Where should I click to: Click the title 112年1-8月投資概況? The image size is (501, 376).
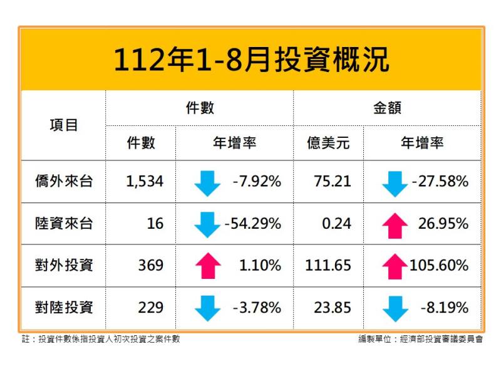pyautogui.click(x=250, y=60)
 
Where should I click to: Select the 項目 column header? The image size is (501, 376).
pyautogui.click(x=64, y=125)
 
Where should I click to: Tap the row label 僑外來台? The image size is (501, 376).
pyautogui.click(x=64, y=182)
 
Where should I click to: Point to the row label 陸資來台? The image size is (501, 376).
pyautogui.click(x=64, y=224)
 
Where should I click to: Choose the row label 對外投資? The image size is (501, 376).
pyautogui.click(x=64, y=266)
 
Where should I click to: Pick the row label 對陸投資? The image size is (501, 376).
pyautogui.click(x=64, y=308)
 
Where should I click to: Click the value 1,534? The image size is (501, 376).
pyautogui.click(x=145, y=182)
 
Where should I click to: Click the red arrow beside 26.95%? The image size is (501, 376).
pyautogui.click(x=395, y=224)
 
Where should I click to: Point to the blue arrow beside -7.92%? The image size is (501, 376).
pyautogui.click(x=207, y=182)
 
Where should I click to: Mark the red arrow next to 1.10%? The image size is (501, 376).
pyautogui.click(x=207, y=266)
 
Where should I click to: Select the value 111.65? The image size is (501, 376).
pyautogui.click(x=328, y=266)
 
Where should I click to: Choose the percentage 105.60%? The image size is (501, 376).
pyautogui.click(x=439, y=266)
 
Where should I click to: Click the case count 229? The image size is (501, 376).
pyautogui.click(x=151, y=308)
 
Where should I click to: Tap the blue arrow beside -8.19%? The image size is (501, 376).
pyautogui.click(x=395, y=308)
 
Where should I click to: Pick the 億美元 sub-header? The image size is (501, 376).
pyautogui.click(x=328, y=144)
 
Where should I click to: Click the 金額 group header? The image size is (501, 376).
pyautogui.click(x=387, y=108)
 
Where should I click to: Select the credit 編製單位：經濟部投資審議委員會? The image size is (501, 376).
pyautogui.click(x=420, y=340)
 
